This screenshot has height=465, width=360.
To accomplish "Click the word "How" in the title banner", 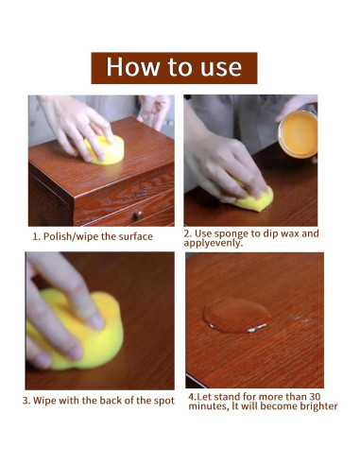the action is pyautogui.click(x=132, y=66).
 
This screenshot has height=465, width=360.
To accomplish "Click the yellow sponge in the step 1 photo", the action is pyautogui.click(x=106, y=151).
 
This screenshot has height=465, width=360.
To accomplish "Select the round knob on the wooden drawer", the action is pyautogui.click(x=139, y=215).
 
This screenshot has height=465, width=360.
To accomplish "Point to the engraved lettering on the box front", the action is pyautogui.click(x=134, y=195).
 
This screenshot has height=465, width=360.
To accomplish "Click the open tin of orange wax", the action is pyautogui.click(x=298, y=134).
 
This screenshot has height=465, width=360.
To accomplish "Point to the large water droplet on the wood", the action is pyautogui.click(x=236, y=316).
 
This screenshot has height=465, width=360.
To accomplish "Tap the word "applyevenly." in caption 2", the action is pyautogui.click(x=214, y=243).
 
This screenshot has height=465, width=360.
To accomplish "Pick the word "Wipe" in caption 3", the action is pyautogui.click(x=44, y=401).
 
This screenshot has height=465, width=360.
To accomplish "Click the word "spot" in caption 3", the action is pyautogui.click(x=164, y=401).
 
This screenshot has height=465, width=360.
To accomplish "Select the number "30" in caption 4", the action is pyautogui.click(x=315, y=396).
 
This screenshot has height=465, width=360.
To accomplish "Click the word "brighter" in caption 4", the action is pyautogui.click(x=318, y=406).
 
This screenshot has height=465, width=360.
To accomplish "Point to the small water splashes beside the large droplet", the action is pyautogui.click(x=300, y=319).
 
